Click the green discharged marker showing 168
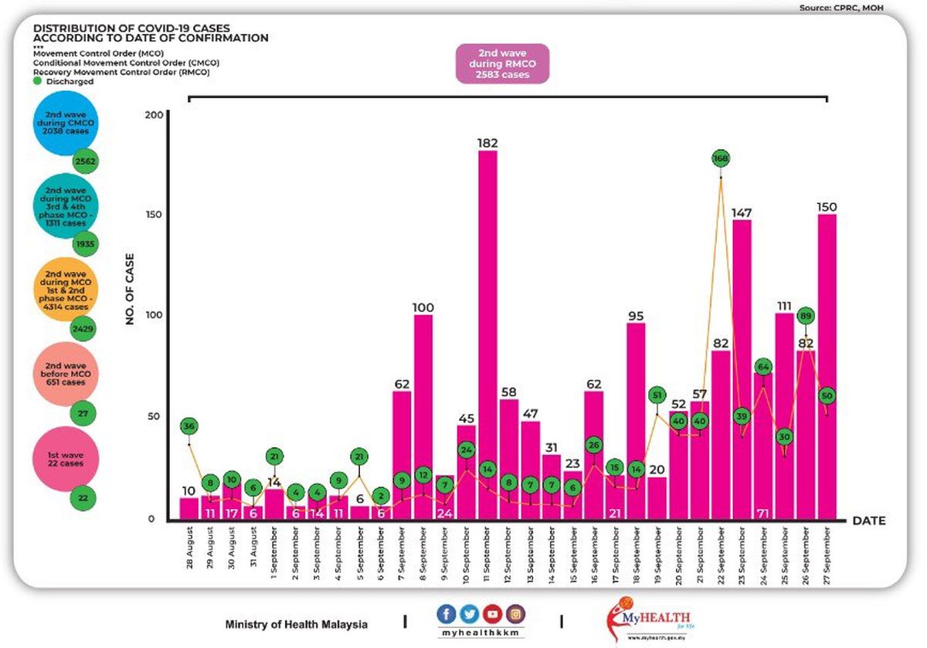click(721, 158)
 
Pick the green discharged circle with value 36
click(189, 426)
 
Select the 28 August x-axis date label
click(190, 548)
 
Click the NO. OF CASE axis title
click(130, 289)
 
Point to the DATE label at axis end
click(868, 521)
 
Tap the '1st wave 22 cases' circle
click(66, 459)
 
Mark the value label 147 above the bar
click(742, 212)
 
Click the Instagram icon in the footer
click(515, 615)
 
